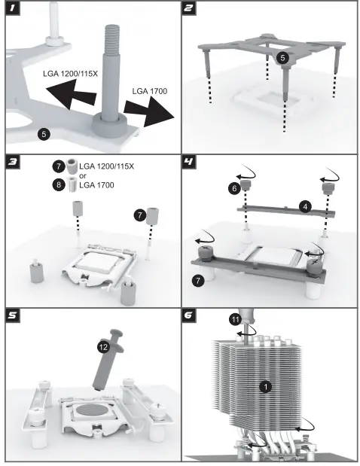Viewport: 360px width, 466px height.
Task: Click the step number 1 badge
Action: [x=12, y=8]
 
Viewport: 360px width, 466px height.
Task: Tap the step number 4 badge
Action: [x=188, y=161]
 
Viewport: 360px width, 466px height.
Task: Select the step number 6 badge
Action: [x=188, y=315]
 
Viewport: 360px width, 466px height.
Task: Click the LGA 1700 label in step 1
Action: [x=150, y=91]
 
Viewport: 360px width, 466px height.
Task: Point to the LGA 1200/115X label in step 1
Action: [x=70, y=74]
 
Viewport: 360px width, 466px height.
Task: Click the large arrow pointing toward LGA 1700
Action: [x=148, y=111]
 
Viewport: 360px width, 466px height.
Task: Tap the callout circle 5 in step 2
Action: [x=282, y=58]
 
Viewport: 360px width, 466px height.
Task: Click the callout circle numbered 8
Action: [x=59, y=185]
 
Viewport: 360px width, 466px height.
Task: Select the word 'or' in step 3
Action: [x=83, y=176]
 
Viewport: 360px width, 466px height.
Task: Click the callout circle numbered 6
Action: [x=234, y=188]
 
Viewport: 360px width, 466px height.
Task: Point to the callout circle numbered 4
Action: [x=305, y=206]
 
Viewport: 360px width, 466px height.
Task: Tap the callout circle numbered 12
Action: [x=103, y=347]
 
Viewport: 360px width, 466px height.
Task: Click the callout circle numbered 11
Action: [x=235, y=319]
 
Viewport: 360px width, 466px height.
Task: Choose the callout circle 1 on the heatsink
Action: [x=265, y=387]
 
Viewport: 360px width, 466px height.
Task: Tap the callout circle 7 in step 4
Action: [x=198, y=281]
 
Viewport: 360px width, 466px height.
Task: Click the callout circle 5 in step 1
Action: [x=44, y=134]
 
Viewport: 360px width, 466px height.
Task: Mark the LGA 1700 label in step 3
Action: [x=96, y=185]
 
